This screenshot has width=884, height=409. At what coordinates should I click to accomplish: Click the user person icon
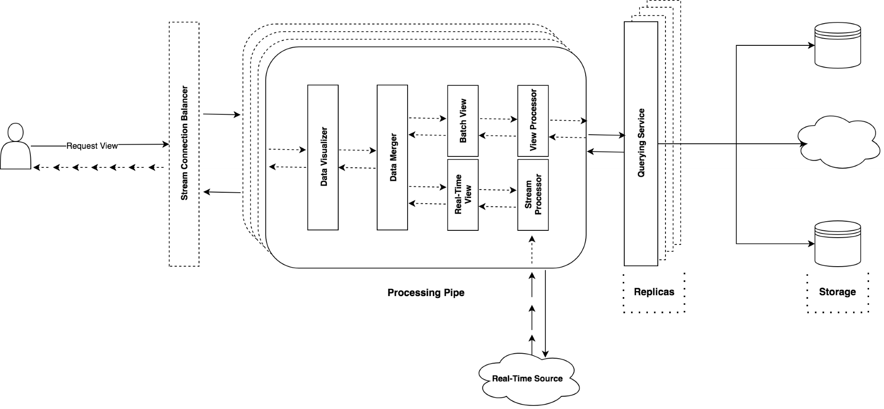point(16,147)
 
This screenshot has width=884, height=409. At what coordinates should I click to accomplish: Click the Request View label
point(92,146)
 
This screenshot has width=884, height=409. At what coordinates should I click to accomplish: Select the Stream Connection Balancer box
point(184,144)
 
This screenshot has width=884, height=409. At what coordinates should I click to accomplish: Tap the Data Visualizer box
point(323,157)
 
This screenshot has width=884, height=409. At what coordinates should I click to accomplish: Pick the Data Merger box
point(392,157)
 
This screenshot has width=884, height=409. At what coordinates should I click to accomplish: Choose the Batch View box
point(462,121)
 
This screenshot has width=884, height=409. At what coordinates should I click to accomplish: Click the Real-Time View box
point(462,195)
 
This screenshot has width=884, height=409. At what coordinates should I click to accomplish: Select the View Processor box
point(533,121)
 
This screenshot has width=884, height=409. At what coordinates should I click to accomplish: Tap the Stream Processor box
point(533,195)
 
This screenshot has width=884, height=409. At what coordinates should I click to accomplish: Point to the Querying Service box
point(641,143)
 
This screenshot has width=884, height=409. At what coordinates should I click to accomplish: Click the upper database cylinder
point(837,45)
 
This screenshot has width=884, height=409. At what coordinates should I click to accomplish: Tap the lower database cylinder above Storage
point(837,243)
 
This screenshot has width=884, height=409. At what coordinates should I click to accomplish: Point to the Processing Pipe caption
point(426,292)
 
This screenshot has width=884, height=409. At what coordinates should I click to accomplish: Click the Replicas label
point(654,292)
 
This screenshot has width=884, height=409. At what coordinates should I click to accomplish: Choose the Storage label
point(837,292)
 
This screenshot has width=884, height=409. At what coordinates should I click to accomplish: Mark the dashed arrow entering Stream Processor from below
point(532,249)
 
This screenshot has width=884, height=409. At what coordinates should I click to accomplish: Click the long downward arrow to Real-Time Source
point(545,313)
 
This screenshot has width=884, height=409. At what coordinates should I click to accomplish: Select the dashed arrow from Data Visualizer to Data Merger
point(357,150)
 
